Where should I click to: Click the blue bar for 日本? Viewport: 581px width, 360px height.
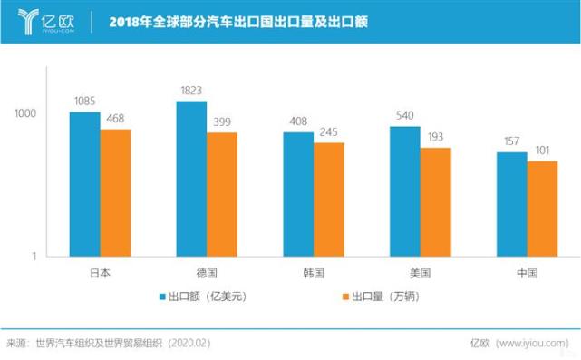click(x=85, y=184)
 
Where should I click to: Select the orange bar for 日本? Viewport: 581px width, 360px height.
click(x=115, y=193)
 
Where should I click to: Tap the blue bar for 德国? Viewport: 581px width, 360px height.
click(x=191, y=179)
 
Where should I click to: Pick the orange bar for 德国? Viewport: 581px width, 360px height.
click(x=221, y=195)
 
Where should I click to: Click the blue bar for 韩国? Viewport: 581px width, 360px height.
click(x=298, y=194)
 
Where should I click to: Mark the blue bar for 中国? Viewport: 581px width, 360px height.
click(x=512, y=204)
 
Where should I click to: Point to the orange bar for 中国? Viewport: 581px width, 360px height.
click(x=542, y=209)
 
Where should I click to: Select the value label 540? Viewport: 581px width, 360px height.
click(x=405, y=116)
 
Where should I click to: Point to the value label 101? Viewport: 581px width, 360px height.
click(x=542, y=151)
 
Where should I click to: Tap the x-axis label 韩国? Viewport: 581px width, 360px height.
click(x=314, y=273)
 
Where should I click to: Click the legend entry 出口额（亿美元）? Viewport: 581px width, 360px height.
click(x=203, y=297)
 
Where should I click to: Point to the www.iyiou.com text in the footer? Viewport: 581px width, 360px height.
click(x=536, y=344)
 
